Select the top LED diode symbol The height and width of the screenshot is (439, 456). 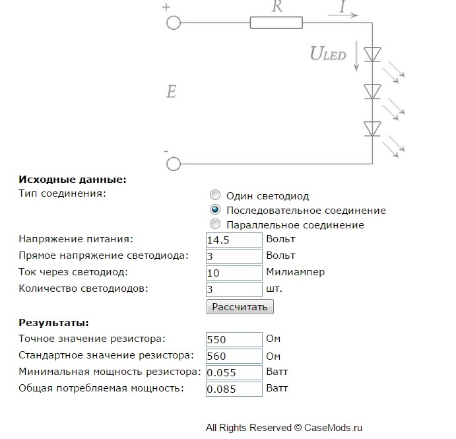[372, 54]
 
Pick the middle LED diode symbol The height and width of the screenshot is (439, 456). [372, 92]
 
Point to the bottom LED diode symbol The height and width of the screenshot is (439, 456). [372, 129]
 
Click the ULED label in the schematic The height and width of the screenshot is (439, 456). [328, 54]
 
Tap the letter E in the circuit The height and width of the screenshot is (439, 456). [171, 91]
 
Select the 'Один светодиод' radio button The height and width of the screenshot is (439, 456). [215, 195]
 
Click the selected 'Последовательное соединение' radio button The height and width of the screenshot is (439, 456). [215, 209]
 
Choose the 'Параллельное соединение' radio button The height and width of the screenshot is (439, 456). [215, 224]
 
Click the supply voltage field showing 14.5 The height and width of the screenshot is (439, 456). [234, 240]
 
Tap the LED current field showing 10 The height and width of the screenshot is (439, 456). [234, 273]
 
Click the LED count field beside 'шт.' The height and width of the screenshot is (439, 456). [234, 289]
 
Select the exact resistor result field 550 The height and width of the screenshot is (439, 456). [234, 339]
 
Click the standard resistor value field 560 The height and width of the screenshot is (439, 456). [234, 356]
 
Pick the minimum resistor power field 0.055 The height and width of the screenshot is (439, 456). [234, 373]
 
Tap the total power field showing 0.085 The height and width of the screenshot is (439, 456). [234, 389]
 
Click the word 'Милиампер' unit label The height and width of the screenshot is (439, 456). [295, 272]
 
